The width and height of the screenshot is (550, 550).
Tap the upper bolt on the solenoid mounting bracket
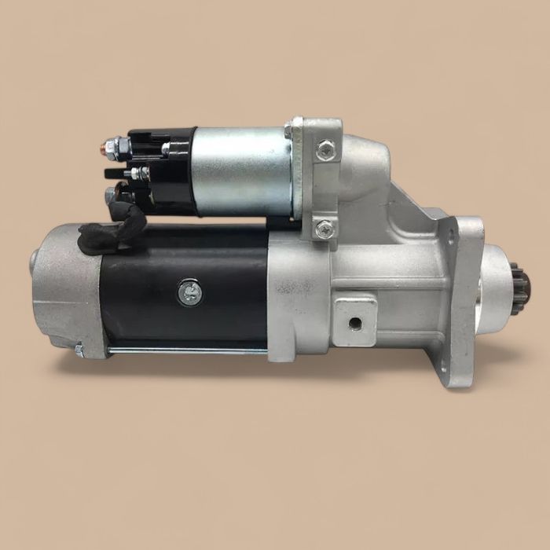point(324,147)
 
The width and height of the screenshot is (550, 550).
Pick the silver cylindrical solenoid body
point(240,171)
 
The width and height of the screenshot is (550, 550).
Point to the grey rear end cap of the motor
point(67,287)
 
